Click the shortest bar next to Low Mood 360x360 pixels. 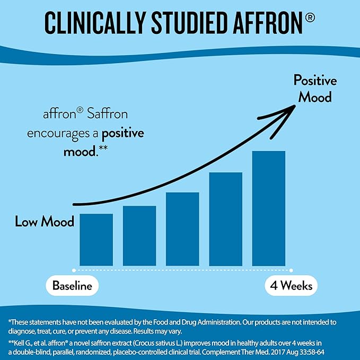[96, 240]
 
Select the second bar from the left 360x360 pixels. [139, 236]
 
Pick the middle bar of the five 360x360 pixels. [182, 229]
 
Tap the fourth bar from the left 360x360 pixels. [226, 219]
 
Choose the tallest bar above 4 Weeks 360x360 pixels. [269, 208]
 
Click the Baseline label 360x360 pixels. [72, 286]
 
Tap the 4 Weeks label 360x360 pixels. [291, 286]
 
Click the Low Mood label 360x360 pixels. [45, 221]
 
